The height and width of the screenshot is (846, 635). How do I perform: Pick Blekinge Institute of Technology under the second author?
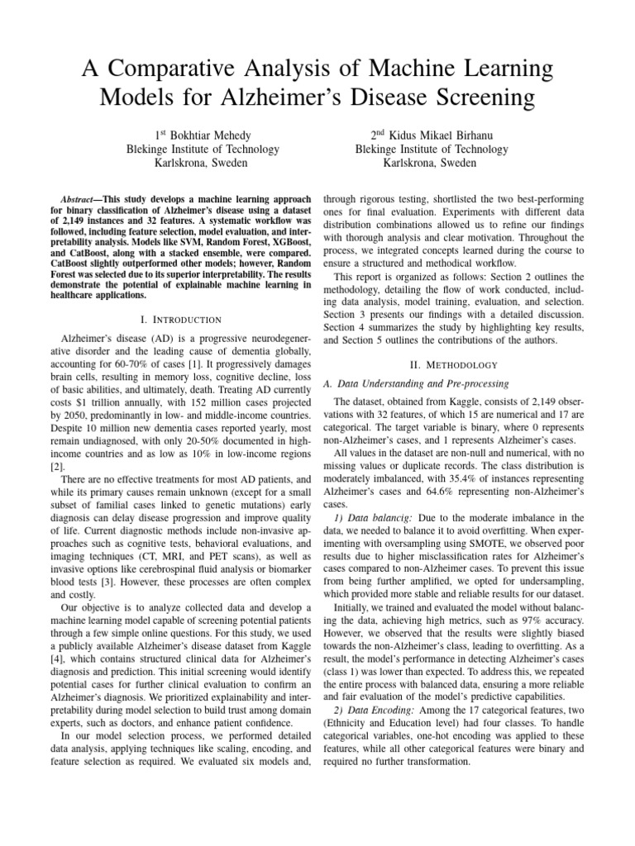click(x=431, y=149)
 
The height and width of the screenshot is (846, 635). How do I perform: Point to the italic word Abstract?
click(x=81, y=200)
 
